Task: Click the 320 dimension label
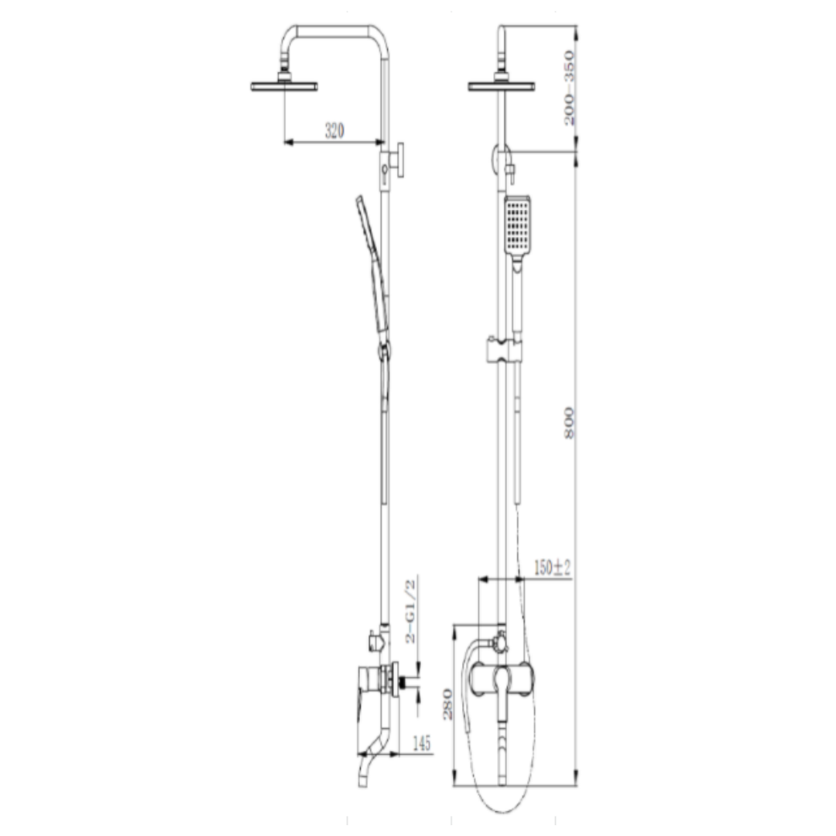point(335,130)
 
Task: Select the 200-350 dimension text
point(570,88)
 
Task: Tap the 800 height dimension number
point(570,423)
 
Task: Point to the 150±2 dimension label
point(553,567)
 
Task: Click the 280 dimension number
point(448,704)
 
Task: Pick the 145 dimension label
point(422,742)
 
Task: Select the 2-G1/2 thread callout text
point(410,612)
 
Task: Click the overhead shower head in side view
point(284,84)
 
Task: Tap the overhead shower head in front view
point(501,84)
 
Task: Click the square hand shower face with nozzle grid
point(517,225)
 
